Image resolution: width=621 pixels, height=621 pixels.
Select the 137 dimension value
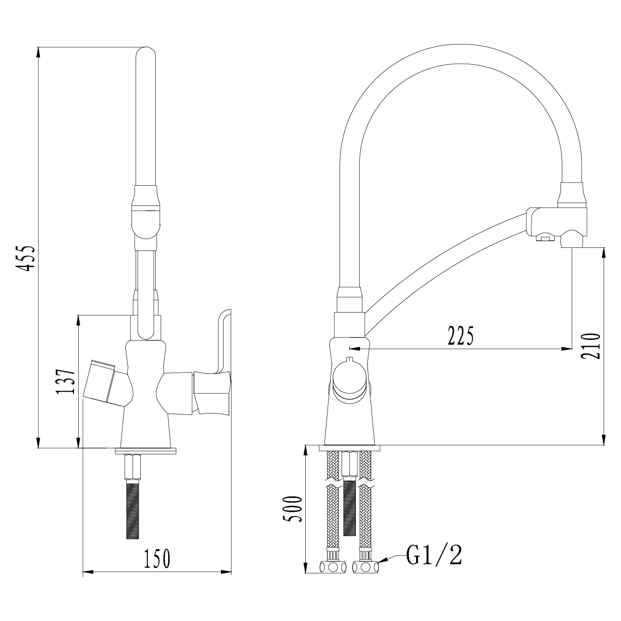coord(65,381)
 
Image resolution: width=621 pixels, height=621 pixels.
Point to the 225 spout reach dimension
coord(460,336)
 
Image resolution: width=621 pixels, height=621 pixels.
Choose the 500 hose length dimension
coord(293,509)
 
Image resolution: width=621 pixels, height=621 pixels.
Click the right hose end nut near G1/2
coord(365,567)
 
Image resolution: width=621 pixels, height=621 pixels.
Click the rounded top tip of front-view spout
coord(145,54)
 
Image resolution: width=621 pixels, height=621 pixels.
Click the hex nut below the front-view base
coord(133,466)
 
